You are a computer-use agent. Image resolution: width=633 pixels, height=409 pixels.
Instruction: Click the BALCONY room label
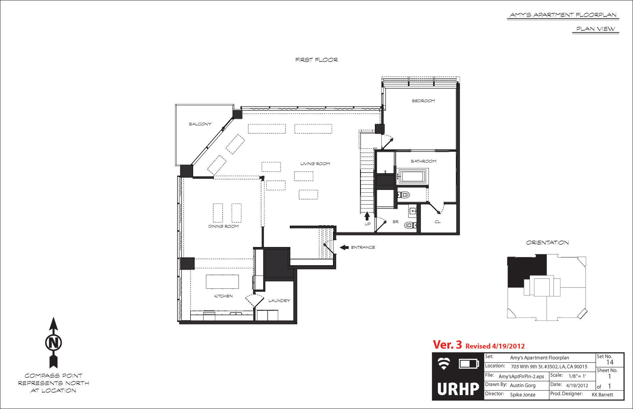200,124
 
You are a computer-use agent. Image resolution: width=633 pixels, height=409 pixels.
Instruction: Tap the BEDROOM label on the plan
423,101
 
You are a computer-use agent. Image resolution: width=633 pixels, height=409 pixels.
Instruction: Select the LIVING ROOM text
315,164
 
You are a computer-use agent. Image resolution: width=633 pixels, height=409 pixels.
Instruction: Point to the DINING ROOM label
224,227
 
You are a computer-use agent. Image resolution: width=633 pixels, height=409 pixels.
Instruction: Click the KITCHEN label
224,296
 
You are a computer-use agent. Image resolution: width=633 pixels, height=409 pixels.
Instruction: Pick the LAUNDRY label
279,301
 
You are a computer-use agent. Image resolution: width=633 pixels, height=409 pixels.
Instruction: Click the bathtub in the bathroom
412,176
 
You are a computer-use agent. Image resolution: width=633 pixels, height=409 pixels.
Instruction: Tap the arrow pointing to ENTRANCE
344,247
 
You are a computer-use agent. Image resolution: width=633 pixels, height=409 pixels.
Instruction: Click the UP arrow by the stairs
367,216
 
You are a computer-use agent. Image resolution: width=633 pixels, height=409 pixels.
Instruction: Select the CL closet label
437,222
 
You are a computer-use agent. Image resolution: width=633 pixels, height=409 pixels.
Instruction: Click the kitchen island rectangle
222,282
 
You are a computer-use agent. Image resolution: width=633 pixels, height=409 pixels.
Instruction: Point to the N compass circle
53,342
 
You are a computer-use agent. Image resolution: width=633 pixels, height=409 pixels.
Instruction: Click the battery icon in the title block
469,364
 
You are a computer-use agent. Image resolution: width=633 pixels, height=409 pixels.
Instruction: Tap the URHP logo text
458,389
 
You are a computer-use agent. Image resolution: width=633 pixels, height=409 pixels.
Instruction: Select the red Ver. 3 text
447,345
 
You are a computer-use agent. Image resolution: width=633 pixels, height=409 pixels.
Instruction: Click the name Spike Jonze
523,395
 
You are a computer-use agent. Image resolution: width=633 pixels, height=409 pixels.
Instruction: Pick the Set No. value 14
610,362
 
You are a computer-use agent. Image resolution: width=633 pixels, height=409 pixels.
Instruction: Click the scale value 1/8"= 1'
577,376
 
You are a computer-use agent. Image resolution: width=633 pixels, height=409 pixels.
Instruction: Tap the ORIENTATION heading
547,243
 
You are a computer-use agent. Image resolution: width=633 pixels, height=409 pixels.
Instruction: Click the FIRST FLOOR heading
316,60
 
